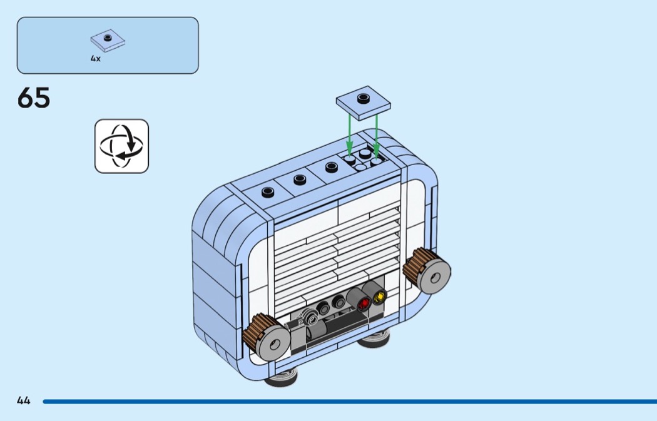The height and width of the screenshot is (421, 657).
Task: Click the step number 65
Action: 34,98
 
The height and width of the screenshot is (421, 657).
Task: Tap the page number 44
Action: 24,400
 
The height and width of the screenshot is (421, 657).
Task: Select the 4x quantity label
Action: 95,58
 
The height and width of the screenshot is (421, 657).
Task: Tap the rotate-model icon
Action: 121,146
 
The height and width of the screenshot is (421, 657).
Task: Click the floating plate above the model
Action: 363,102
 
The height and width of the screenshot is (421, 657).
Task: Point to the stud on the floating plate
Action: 363,98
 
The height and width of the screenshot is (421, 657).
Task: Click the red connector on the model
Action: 364,303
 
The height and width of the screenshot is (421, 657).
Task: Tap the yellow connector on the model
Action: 379,298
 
